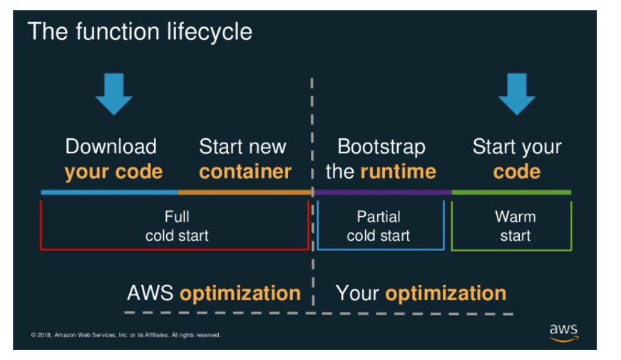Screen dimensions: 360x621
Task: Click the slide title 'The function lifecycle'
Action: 140,31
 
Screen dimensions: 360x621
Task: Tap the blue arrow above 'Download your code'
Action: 113,93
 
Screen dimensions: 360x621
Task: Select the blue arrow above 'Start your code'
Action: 516,93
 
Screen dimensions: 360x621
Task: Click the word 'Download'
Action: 111,147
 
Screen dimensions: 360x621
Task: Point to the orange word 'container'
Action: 245,172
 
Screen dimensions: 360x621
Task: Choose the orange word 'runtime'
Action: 398,172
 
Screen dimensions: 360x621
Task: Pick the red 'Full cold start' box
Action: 175,225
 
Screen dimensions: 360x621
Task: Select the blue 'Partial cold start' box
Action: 379,225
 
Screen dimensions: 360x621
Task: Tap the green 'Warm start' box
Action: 511,225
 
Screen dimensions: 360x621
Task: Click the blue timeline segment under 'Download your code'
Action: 109,192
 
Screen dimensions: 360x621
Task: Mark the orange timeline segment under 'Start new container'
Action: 245,192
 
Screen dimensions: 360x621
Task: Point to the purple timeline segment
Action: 382,192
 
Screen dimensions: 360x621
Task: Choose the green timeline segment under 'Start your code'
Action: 511,192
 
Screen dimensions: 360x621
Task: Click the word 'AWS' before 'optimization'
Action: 150,293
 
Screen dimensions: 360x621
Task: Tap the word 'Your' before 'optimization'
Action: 357,293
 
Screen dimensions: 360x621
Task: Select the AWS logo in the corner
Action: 563,332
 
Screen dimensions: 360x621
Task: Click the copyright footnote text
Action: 125,335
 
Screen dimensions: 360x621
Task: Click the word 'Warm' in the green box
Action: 515,217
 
